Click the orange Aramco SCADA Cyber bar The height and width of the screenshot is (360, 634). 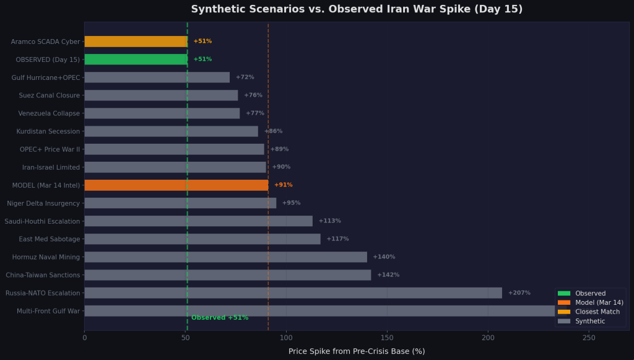[x=136, y=42]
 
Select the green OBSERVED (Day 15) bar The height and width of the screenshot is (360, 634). [x=136, y=59]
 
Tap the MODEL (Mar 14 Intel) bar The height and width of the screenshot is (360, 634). [x=176, y=185]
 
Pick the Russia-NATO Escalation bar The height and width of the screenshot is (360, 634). [x=293, y=293]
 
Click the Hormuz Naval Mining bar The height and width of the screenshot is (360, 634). [x=225, y=257]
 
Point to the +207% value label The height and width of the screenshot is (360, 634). [x=519, y=293]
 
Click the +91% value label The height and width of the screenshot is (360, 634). [x=283, y=185]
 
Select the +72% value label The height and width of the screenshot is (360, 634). [x=245, y=77]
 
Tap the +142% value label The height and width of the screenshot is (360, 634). [x=388, y=275]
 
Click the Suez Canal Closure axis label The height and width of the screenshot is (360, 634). [x=50, y=95]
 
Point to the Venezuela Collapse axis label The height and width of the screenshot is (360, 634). [x=49, y=113]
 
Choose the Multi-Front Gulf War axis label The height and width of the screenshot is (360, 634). [x=48, y=311]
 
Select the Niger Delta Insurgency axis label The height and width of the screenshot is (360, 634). [x=43, y=203]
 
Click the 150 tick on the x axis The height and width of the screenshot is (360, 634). [x=387, y=338]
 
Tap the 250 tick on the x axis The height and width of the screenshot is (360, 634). [x=589, y=338]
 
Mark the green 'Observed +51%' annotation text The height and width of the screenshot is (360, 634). [x=220, y=318]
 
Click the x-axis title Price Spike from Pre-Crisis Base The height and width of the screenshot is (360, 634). [x=357, y=351]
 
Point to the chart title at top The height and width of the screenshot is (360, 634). [x=357, y=9]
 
